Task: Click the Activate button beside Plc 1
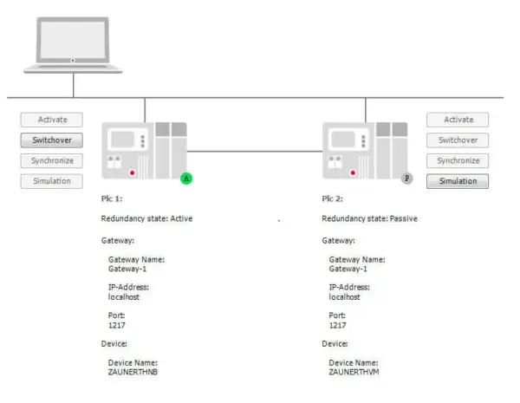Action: tap(52, 120)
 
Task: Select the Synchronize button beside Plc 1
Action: tap(52, 161)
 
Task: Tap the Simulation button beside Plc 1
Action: tap(52, 181)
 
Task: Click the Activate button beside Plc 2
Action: tap(458, 120)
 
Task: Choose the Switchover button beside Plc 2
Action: tap(458, 140)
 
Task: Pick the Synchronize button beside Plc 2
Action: tap(458, 161)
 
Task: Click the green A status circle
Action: tap(186, 179)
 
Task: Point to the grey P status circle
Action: tap(407, 179)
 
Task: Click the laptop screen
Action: tap(73, 40)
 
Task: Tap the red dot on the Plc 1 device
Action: tap(133, 172)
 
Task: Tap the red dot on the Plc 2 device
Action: tap(353, 172)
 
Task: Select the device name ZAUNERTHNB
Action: tap(133, 372)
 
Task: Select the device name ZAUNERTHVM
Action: tap(354, 372)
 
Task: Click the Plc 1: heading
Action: tap(112, 198)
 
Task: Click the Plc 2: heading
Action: tap(332, 198)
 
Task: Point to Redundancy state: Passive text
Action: tap(369, 218)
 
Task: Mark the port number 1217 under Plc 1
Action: tap(117, 325)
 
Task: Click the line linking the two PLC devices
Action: tap(255, 152)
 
